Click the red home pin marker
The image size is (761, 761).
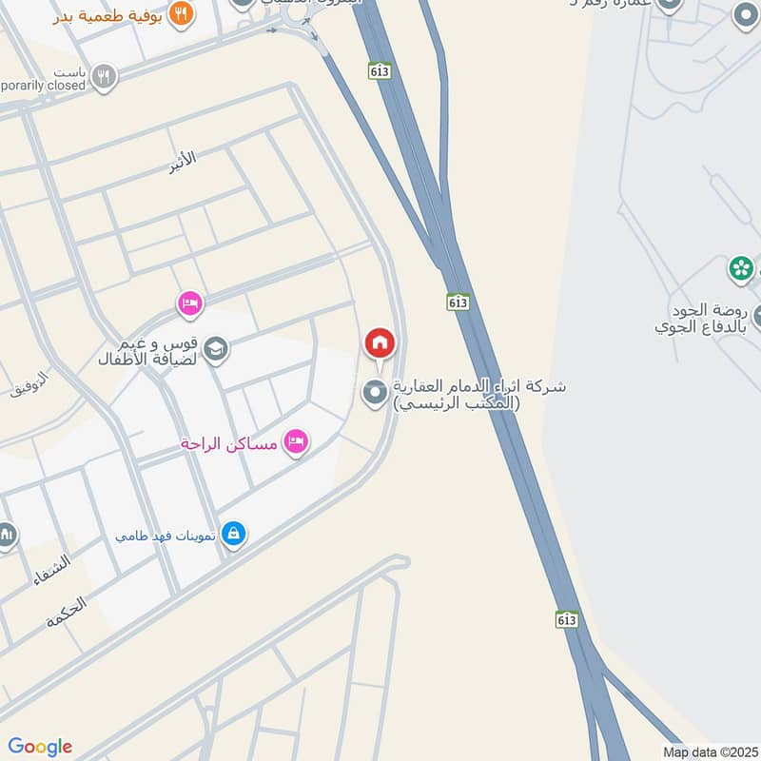click(380, 343)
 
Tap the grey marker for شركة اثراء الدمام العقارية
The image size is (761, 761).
click(376, 393)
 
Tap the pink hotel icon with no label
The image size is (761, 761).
click(189, 304)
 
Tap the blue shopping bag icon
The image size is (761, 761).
click(233, 535)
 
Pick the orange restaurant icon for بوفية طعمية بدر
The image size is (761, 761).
click(181, 13)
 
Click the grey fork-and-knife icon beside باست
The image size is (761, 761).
click(105, 76)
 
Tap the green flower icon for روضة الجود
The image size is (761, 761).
click(741, 269)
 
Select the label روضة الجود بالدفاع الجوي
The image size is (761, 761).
click(702, 318)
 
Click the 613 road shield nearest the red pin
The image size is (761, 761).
click(459, 302)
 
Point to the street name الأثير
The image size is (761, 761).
click(182, 161)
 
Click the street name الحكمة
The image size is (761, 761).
click(66, 611)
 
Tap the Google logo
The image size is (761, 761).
click(40, 746)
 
